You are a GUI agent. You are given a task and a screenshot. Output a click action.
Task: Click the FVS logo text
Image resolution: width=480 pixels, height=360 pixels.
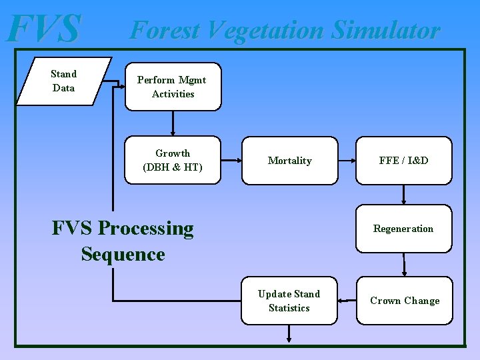[x=45, y=29]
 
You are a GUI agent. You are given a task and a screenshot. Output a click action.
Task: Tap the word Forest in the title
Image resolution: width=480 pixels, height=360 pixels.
[x=165, y=30]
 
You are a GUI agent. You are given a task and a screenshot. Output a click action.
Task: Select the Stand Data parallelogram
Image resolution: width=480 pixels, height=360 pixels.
[x=64, y=81]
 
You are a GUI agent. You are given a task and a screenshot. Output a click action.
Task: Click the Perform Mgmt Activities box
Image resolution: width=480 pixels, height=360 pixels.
[x=173, y=87]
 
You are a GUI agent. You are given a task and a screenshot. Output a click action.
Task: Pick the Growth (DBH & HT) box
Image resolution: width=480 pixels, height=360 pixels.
[x=173, y=161]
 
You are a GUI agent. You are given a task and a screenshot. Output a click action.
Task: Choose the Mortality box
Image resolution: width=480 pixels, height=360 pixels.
[x=289, y=161]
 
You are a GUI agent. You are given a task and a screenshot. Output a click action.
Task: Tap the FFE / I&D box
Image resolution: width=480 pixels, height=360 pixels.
[x=403, y=161]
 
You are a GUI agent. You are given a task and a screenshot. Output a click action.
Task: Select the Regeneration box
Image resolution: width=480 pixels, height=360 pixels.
[x=403, y=229]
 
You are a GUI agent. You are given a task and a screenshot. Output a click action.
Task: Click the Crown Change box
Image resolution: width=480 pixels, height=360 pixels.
[x=405, y=301]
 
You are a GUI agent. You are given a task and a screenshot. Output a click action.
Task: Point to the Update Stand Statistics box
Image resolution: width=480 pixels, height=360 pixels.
[x=289, y=301]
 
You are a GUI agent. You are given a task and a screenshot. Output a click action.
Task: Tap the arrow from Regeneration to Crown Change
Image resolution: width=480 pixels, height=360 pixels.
[x=403, y=265]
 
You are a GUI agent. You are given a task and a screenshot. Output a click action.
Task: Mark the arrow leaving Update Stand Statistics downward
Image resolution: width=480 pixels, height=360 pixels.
[x=289, y=333]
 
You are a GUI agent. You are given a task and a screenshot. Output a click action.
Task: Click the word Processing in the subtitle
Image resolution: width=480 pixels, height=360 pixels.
[x=145, y=229]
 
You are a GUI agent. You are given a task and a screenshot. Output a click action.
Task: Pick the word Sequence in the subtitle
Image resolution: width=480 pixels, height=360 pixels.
[x=123, y=254]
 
